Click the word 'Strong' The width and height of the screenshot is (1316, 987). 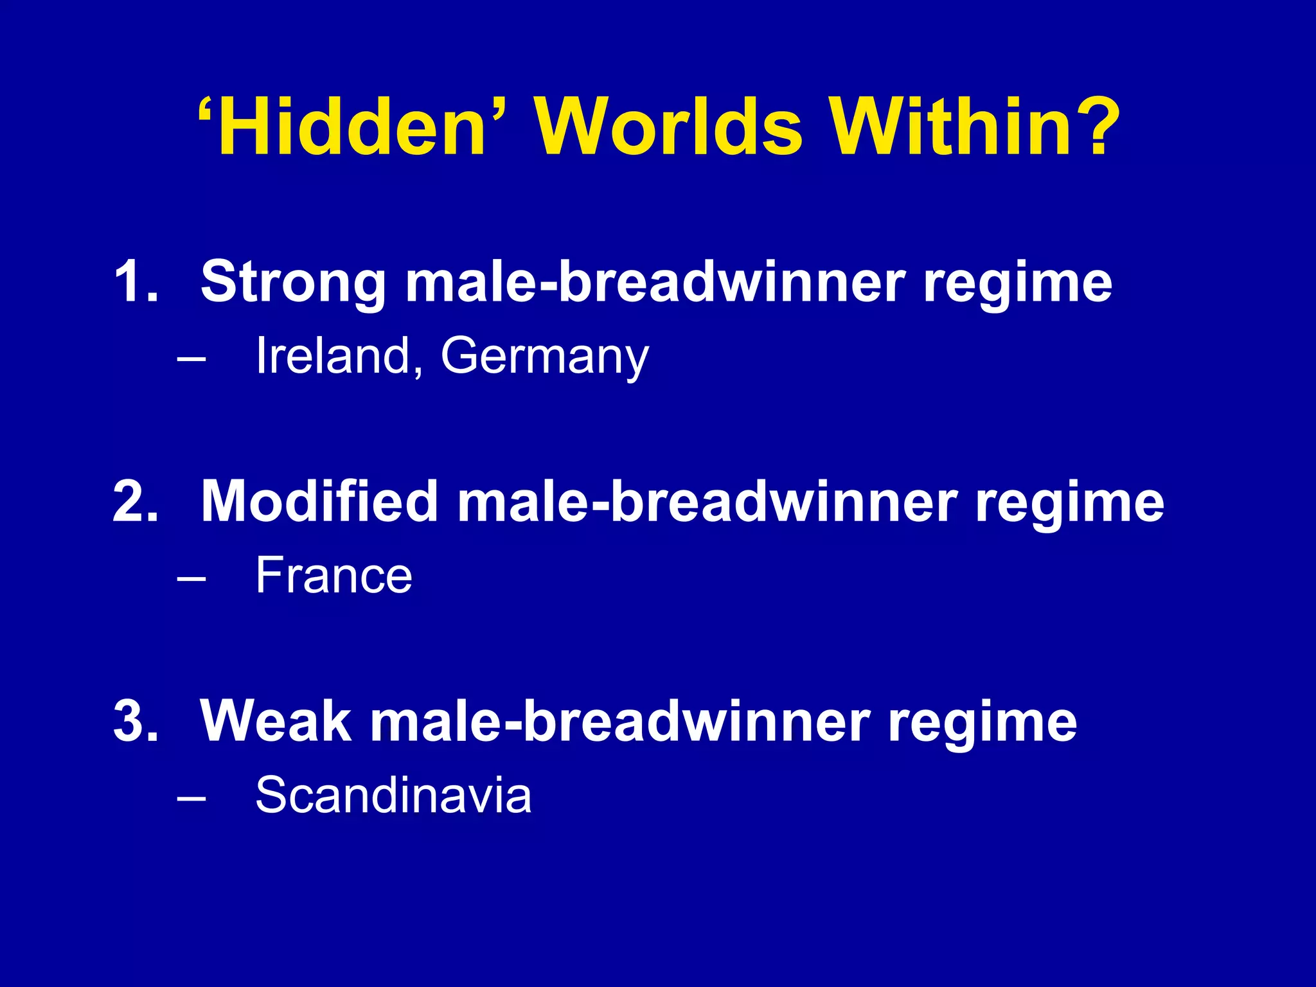[293, 283]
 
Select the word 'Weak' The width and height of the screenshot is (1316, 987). [276, 721]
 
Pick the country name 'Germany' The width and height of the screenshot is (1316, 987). [544, 357]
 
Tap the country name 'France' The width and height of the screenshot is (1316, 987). [333, 575]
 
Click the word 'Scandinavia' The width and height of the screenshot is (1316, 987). [393, 795]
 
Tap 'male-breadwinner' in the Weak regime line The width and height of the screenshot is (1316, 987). [620, 721]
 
